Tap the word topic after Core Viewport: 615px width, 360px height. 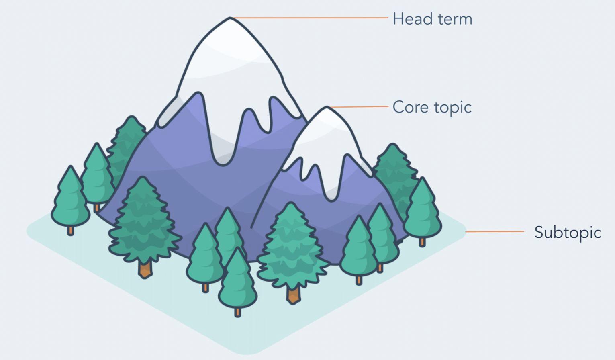tap(453, 108)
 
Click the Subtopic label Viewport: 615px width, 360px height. tap(568, 233)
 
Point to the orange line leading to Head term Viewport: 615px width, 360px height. tap(309, 18)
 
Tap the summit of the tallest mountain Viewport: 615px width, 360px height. tap(230, 19)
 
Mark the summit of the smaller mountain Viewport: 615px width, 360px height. tap(327, 108)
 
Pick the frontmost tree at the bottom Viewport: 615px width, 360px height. tap(238, 281)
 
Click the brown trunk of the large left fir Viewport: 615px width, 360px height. tap(145, 269)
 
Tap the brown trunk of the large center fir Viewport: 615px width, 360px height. tap(293, 295)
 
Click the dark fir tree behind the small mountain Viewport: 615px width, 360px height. tap(394, 169)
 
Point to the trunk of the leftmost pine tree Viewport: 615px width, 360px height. tap(71, 231)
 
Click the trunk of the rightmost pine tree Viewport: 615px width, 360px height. tap(422, 242)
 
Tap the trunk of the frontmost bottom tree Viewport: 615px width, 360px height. tap(238, 312)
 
